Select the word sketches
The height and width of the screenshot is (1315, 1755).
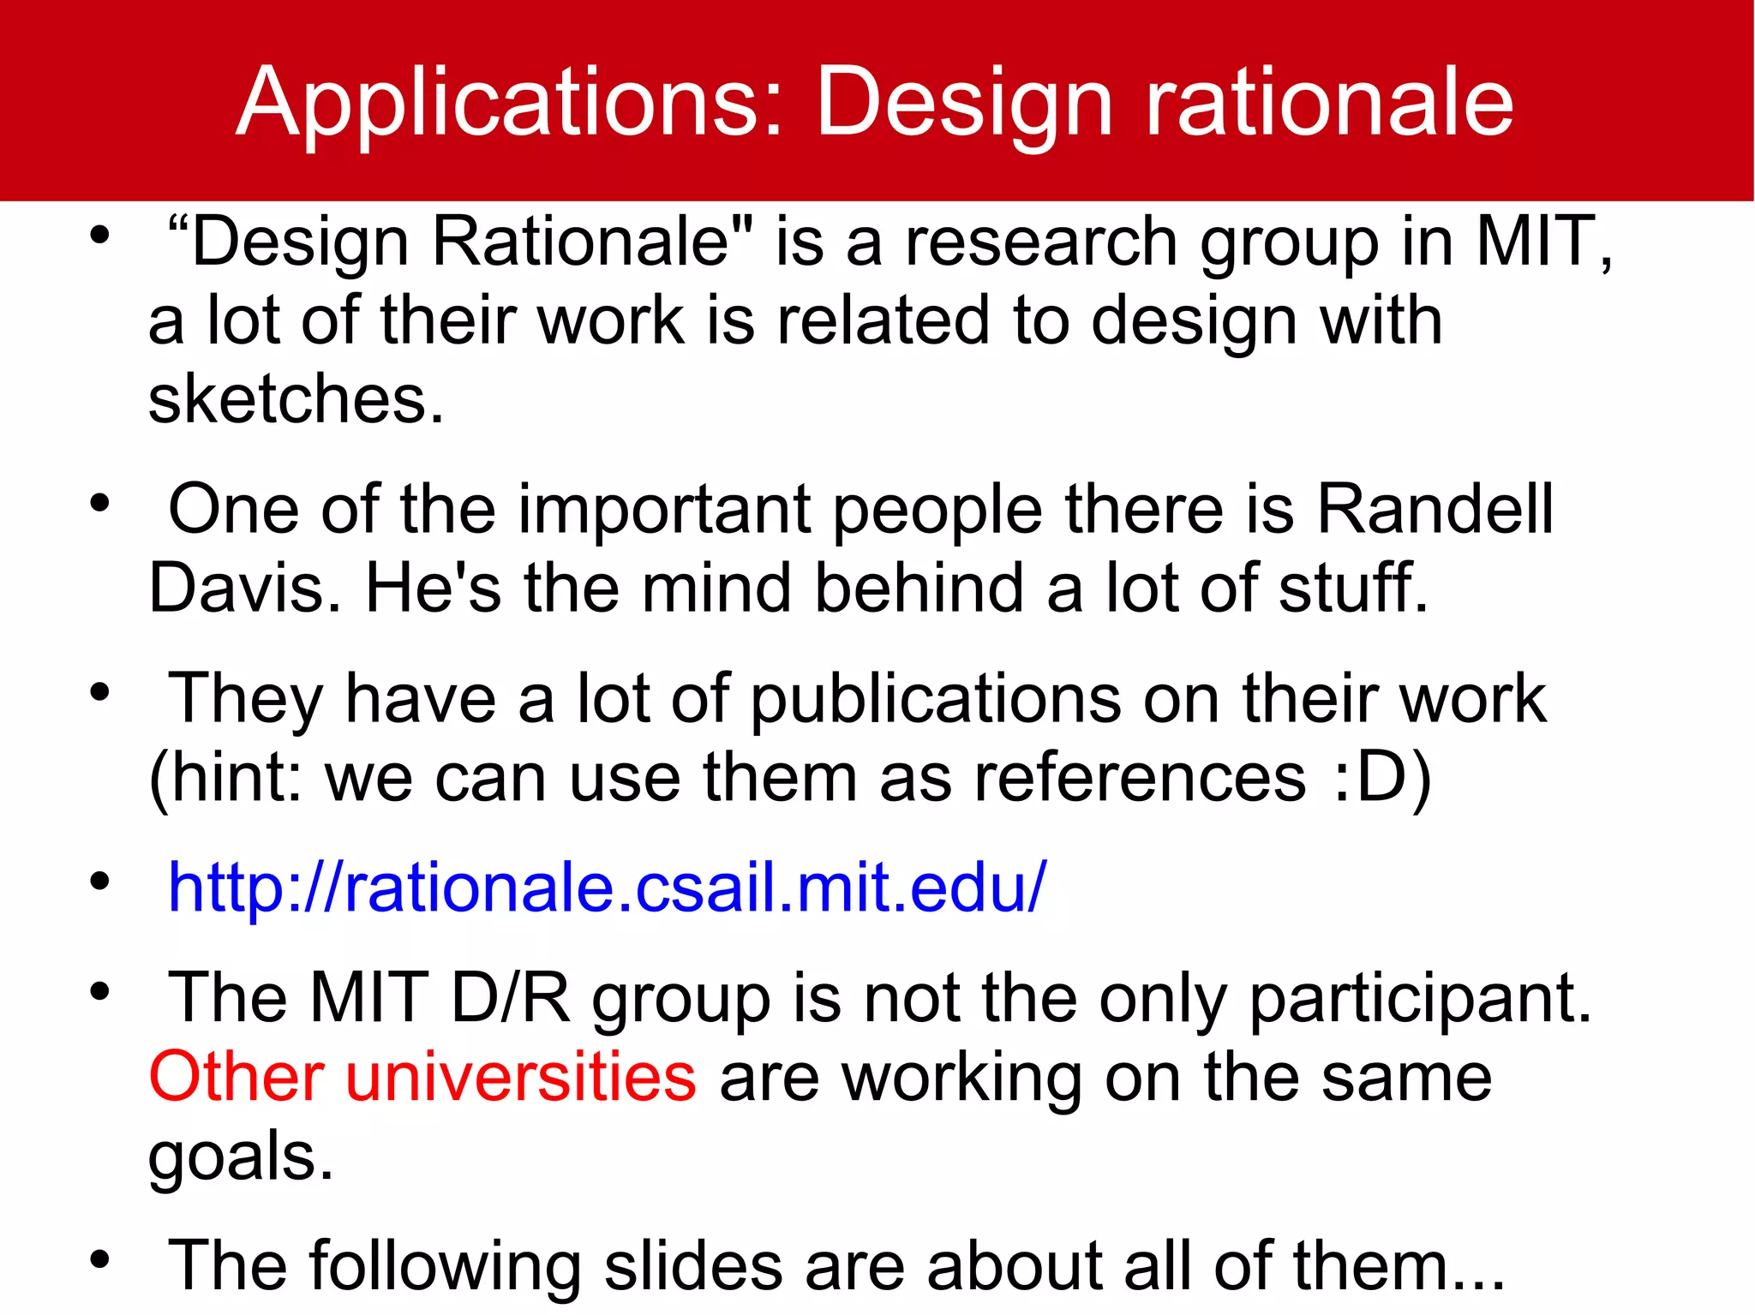coord(296,400)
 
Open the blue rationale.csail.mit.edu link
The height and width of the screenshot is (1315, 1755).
coord(607,888)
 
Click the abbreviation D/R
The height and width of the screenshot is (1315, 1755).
coord(511,999)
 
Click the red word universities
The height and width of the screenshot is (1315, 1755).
coord(521,1078)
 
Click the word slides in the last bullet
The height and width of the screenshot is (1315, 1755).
coord(692,1266)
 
